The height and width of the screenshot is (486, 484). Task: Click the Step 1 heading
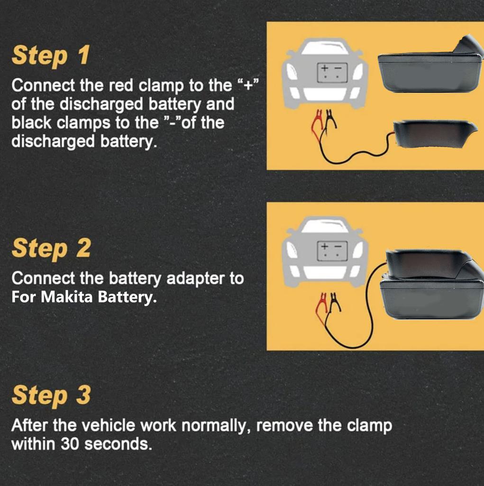[51, 55]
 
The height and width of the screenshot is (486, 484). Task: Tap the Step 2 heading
[51, 248]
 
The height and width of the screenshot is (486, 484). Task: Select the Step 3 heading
[51, 395]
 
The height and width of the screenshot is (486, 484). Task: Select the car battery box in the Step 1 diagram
[332, 73]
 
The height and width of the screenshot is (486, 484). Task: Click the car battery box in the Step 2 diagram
[332, 251]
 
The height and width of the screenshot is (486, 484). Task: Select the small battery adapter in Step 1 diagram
[435, 134]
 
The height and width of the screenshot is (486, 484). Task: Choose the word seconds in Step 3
[118, 444]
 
